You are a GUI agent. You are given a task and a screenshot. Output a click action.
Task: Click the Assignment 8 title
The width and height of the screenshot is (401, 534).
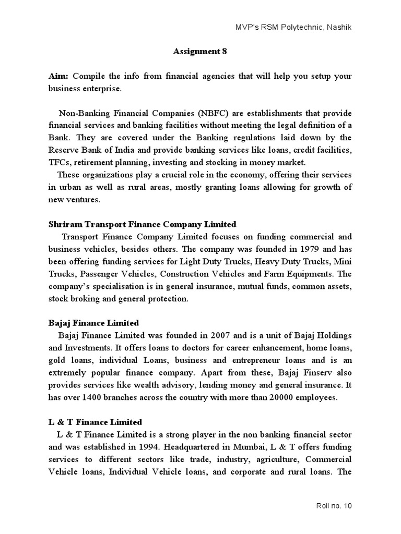[200, 51]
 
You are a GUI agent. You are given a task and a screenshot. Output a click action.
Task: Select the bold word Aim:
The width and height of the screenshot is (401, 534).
[58, 76]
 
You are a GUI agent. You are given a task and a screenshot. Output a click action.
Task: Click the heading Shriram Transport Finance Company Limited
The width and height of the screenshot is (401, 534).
[142, 224]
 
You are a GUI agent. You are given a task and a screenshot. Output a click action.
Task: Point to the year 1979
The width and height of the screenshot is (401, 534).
[284, 249]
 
